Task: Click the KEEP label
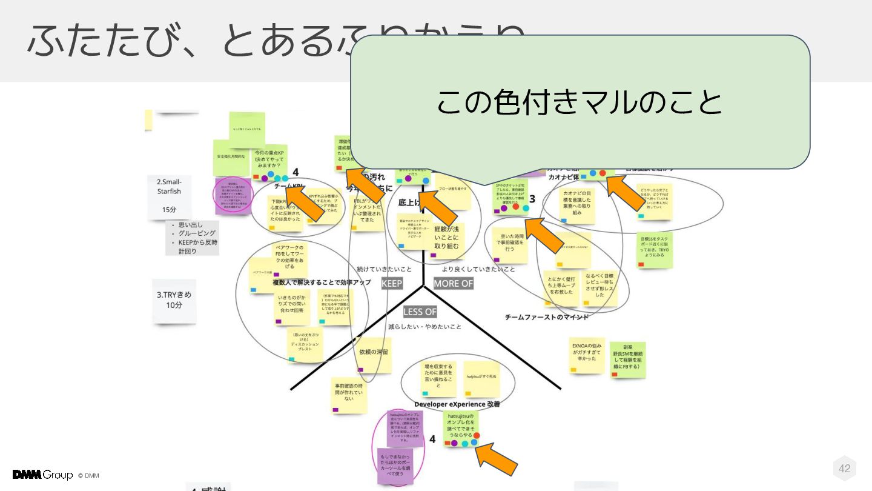392,283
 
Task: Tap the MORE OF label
453,283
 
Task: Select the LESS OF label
420,312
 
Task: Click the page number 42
844,468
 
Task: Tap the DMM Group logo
42,475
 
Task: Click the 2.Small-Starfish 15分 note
169,196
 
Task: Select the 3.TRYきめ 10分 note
174,300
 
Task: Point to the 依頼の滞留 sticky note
374,354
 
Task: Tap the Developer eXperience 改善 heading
457,404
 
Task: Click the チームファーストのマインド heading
546,317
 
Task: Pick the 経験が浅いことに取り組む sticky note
447,237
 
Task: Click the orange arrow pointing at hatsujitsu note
496,460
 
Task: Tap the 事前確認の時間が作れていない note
349,394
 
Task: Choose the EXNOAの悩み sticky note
586,354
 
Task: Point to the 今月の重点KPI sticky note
270,160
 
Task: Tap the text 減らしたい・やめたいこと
425,327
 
